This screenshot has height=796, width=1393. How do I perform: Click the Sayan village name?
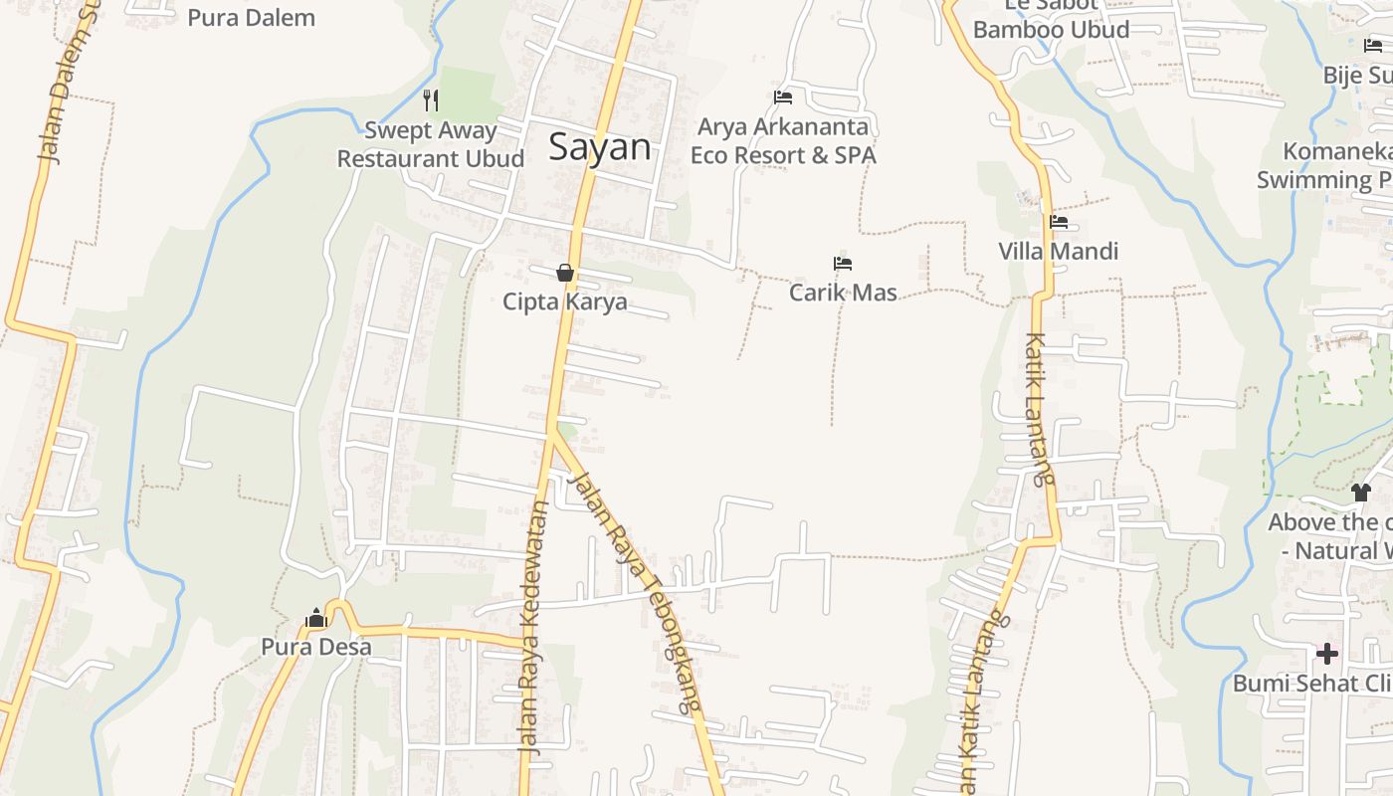tap(600, 147)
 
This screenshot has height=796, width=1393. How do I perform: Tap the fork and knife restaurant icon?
tap(431, 99)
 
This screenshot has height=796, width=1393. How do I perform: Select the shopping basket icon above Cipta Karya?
tap(565, 273)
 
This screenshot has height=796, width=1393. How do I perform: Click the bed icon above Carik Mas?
tap(843, 264)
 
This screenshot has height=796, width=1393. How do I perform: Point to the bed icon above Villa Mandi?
tap(1059, 222)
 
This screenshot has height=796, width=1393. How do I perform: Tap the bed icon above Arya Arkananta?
tap(783, 97)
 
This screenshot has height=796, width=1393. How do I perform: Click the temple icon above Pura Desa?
tap(316, 618)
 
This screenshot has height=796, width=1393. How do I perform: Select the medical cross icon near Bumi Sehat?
tap(1326, 654)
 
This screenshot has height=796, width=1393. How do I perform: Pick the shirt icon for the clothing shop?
tap(1360, 492)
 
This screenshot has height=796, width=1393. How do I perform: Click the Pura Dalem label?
tap(251, 17)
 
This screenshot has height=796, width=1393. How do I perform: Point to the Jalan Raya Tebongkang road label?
tap(635, 591)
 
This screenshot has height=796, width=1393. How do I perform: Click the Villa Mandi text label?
tap(1059, 251)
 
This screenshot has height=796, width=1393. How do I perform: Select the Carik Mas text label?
tap(843, 293)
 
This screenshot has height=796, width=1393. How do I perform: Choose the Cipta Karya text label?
tap(565, 301)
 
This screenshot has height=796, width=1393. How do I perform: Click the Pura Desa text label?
tap(316, 647)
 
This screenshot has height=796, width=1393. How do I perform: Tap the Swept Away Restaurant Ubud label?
tap(431, 144)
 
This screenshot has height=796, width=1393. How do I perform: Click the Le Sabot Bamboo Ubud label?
tap(1051, 20)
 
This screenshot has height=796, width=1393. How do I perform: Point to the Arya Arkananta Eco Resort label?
tap(783, 141)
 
